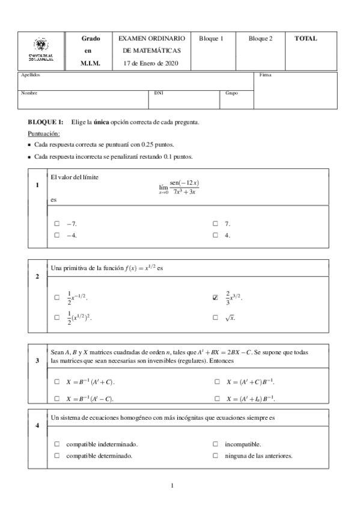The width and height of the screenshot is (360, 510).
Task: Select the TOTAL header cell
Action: click(305, 38)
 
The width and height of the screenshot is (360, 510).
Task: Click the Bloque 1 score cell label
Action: click(211, 38)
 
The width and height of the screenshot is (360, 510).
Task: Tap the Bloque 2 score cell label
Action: click(260, 38)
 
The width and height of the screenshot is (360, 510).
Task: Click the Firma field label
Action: click(265, 75)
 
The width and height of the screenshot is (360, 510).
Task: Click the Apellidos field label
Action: click(31, 75)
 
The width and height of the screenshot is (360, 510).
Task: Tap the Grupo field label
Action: click(231, 93)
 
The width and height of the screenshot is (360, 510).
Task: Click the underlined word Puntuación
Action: click(44, 134)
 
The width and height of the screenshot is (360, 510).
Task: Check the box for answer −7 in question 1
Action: click(57, 224)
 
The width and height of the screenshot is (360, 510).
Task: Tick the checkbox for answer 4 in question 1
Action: click(215, 235)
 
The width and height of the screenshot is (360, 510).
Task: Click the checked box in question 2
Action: click(215, 297)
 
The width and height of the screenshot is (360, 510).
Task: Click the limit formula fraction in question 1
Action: click(185, 187)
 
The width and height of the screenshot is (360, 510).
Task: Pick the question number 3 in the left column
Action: click(37, 360)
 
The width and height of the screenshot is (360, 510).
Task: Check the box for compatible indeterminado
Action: click(57, 444)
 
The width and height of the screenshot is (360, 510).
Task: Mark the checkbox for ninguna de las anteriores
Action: click(215, 455)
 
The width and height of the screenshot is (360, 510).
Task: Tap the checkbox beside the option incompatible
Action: click(215, 444)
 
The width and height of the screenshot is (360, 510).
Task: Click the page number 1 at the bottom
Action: click(172, 485)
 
